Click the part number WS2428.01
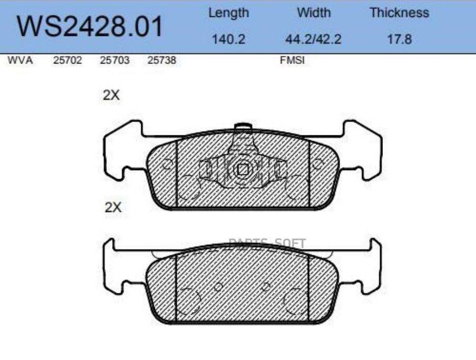[x=90, y=27]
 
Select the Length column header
[x=228, y=13]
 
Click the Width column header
[x=314, y=13]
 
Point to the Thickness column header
[x=399, y=13]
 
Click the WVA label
[x=20, y=60]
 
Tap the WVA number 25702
[x=67, y=60]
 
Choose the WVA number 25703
[x=115, y=60]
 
